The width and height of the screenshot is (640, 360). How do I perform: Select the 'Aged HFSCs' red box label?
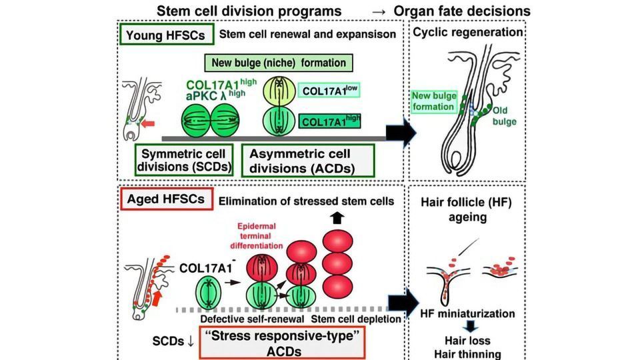point(166,199)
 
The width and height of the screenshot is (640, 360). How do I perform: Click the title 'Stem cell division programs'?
point(249,11)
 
